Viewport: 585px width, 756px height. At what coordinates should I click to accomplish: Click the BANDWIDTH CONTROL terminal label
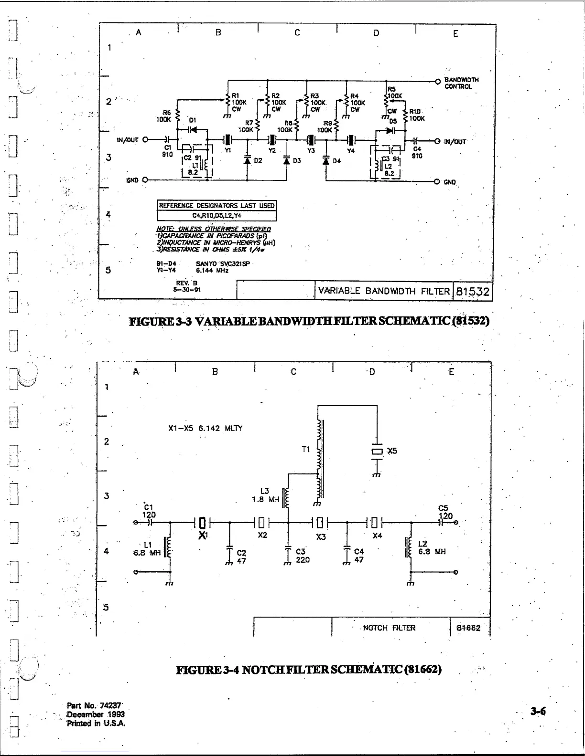pos(461,83)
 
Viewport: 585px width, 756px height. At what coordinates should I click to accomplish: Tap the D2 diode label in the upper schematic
pos(258,161)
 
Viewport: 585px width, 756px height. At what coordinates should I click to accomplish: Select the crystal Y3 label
pos(311,151)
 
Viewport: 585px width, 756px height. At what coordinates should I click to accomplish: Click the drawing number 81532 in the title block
pos(472,292)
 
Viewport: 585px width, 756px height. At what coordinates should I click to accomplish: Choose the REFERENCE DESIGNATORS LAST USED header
pos(217,206)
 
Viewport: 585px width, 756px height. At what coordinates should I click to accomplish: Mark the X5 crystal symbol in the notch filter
pos(377,451)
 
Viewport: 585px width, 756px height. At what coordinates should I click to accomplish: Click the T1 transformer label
pos(306,449)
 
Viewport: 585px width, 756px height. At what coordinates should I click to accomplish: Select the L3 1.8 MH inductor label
pos(265,495)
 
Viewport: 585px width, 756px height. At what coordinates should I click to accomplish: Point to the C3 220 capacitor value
pos(303,556)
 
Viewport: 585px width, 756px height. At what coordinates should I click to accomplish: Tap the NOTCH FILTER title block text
pos(389,628)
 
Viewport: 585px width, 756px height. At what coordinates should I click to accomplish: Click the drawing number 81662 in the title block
pos(468,628)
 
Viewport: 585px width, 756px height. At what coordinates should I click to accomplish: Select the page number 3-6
pos(538,712)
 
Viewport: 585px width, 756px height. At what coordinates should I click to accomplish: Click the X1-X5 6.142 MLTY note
pos(205,428)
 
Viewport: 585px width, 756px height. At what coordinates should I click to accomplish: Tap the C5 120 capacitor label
pos(445,512)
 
